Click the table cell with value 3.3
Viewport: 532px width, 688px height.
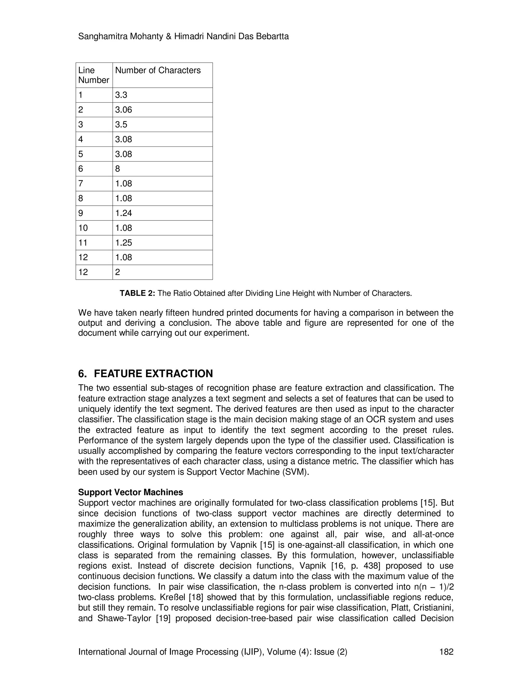pos(121,95)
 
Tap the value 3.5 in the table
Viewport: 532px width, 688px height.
pos(121,124)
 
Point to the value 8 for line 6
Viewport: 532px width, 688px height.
pos(118,169)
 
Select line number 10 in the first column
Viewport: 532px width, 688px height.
pos(83,228)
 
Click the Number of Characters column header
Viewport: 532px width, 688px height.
pos(158,70)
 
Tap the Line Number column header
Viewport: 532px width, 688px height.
pos(93,75)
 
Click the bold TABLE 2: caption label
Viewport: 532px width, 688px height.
pos(137,293)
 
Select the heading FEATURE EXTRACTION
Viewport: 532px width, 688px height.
pos(153,374)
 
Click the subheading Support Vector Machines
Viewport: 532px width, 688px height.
pos(130,492)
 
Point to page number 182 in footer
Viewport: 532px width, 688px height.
pos(446,652)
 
